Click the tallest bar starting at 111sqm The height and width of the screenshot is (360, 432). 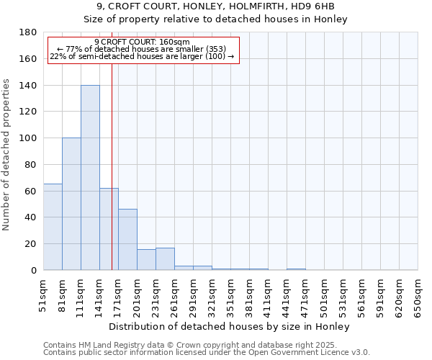90,178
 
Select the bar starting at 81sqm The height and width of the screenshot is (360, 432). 71,204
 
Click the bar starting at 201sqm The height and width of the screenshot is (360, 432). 146,260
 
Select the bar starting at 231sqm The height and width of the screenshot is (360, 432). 165,259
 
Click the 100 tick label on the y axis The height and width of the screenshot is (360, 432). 29,138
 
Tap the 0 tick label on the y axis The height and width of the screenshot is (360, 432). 34,271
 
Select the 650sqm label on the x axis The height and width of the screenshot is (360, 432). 418,295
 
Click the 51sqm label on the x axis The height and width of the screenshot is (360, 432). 44,295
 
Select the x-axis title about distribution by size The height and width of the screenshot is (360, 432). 230,327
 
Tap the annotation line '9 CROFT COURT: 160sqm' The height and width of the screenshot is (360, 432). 142,42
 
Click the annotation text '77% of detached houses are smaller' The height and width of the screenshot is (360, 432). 142,49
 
